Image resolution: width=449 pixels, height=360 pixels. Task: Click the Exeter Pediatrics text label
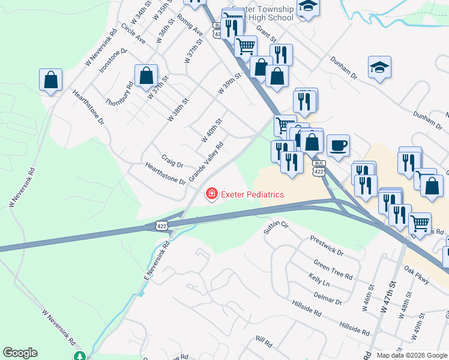point(252,194)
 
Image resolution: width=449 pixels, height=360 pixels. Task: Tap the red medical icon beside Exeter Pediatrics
point(211,194)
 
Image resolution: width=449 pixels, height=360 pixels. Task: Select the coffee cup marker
point(338,145)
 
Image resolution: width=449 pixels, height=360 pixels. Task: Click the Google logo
point(20,353)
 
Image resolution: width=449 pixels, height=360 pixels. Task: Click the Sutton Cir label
point(276,227)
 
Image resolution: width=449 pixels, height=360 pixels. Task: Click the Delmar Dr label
point(327,298)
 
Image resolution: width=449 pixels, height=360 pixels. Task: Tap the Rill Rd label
point(264,343)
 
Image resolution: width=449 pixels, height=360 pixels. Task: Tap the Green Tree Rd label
point(333,268)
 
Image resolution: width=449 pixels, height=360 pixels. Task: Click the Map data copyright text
point(411,355)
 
